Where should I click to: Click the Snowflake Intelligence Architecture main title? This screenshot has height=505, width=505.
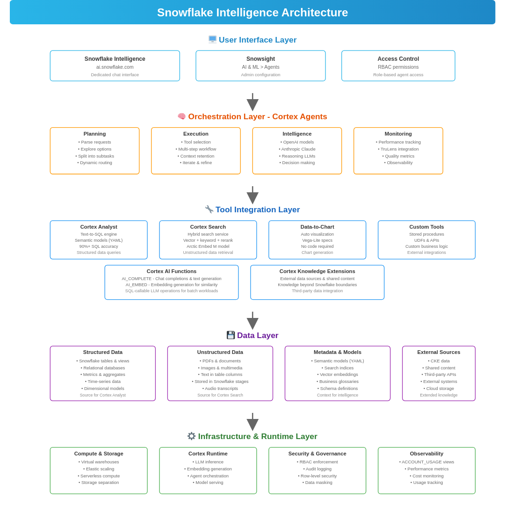252,13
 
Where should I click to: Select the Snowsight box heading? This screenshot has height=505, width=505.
260,59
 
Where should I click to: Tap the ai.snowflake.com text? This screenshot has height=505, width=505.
115,67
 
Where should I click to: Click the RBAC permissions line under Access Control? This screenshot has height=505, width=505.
398,67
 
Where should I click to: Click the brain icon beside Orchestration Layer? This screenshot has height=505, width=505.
181,116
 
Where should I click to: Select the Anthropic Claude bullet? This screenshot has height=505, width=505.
297,149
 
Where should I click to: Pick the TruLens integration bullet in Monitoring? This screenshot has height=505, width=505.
398,149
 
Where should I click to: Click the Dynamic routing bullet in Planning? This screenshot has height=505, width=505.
94,163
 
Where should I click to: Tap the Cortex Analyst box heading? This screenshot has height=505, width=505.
99,227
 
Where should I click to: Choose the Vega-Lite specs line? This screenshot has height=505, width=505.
317,240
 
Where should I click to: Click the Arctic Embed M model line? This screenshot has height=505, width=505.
208,246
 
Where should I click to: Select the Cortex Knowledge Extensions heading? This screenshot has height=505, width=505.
317,271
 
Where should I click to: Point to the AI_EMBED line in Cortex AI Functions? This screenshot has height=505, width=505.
171,285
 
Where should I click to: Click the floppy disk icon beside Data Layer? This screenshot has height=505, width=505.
231,335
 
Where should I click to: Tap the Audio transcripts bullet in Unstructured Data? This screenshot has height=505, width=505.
220,388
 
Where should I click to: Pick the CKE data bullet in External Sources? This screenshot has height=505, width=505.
439,361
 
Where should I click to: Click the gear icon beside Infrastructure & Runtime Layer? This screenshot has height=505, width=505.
191,436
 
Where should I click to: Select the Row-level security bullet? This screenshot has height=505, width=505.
317,476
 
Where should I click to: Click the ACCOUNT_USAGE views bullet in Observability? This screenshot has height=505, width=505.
426,462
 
